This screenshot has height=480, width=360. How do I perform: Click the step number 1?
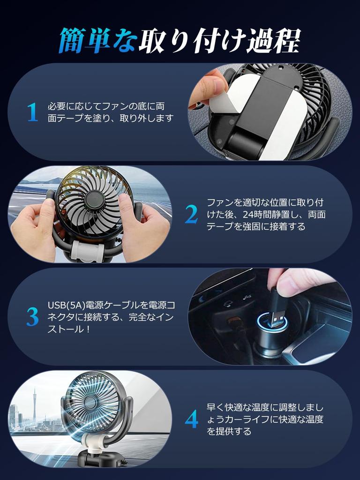pos(32,112)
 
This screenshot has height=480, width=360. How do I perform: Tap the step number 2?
pos(191,215)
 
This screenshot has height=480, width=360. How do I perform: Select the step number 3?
pos(32,317)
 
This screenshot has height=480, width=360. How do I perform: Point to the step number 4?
pos(191,420)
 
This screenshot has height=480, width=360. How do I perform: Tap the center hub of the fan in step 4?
pos(91,402)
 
